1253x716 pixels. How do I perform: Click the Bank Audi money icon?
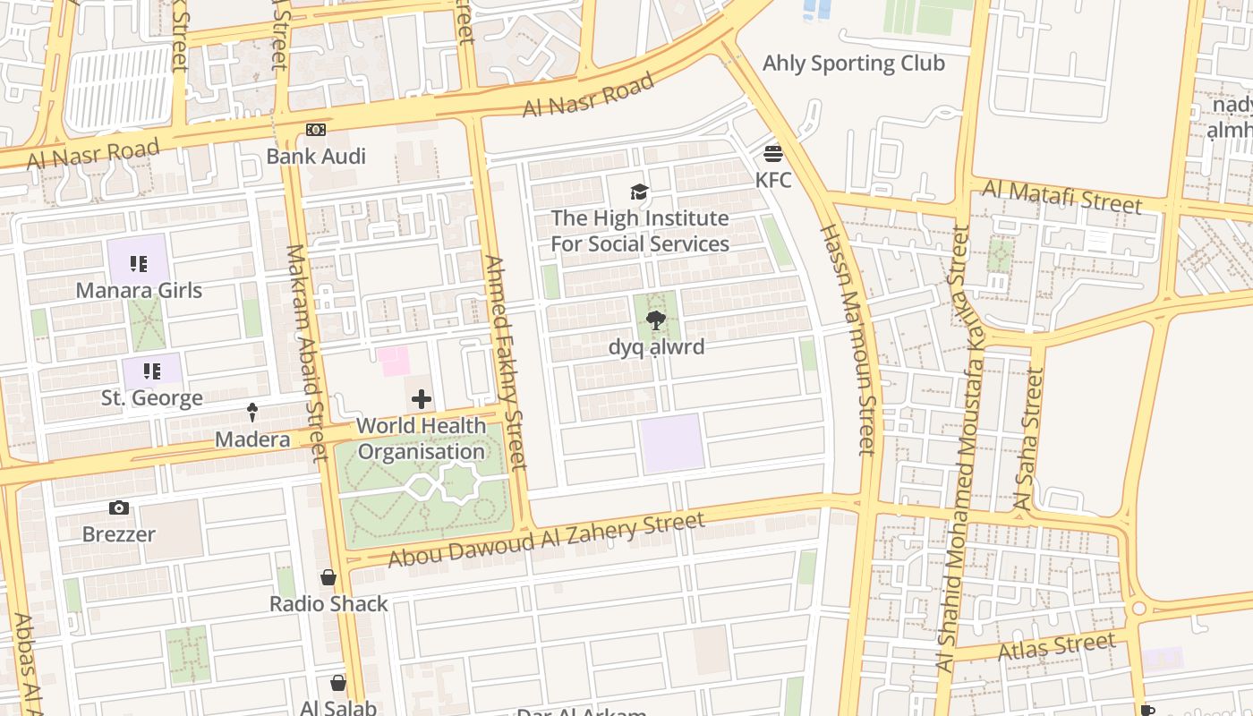tap(315, 130)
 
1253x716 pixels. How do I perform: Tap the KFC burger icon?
tap(773, 153)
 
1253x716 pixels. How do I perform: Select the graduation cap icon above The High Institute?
tap(639, 192)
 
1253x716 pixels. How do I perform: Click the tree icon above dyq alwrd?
tap(656, 320)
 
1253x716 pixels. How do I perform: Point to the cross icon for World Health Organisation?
tap(422, 399)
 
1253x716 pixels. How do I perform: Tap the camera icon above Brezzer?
tap(118, 508)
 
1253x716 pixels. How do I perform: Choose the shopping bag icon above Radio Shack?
tap(328, 577)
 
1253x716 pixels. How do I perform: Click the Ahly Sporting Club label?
tap(853, 64)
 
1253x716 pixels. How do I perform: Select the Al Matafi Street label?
tap(1062, 196)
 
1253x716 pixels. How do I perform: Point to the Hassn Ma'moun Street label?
tap(846, 339)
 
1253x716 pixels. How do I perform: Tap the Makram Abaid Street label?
tap(305, 353)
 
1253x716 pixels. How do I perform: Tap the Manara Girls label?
tap(139, 291)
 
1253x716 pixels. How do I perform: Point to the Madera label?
tap(252, 439)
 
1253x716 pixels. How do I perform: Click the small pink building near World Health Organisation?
tap(393, 361)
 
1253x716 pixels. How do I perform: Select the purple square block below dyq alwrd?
tap(671, 443)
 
